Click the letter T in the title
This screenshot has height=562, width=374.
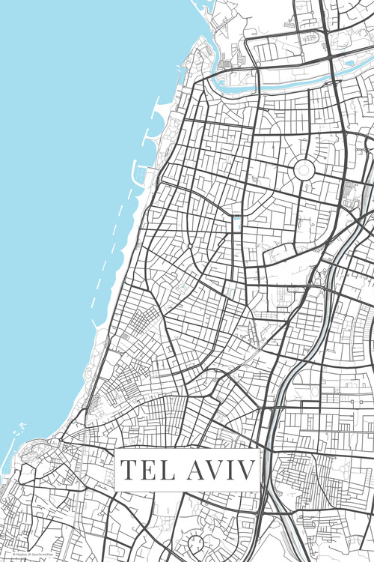click(x=129, y=471)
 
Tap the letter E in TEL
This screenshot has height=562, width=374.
click(x=148, y=471)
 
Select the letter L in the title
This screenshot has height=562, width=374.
click(x=166, y=471)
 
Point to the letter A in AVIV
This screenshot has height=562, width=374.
click(x=194, y=471)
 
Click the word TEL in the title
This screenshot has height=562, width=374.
click(x=147, y=471)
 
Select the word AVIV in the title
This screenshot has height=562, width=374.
click(x=218, y=471)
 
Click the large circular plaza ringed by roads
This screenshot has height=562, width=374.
click(x=304, y=170)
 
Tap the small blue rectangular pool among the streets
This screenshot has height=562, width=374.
click(x=237, y=223)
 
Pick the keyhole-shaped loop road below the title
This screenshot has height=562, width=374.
click(x=196, y=540)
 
